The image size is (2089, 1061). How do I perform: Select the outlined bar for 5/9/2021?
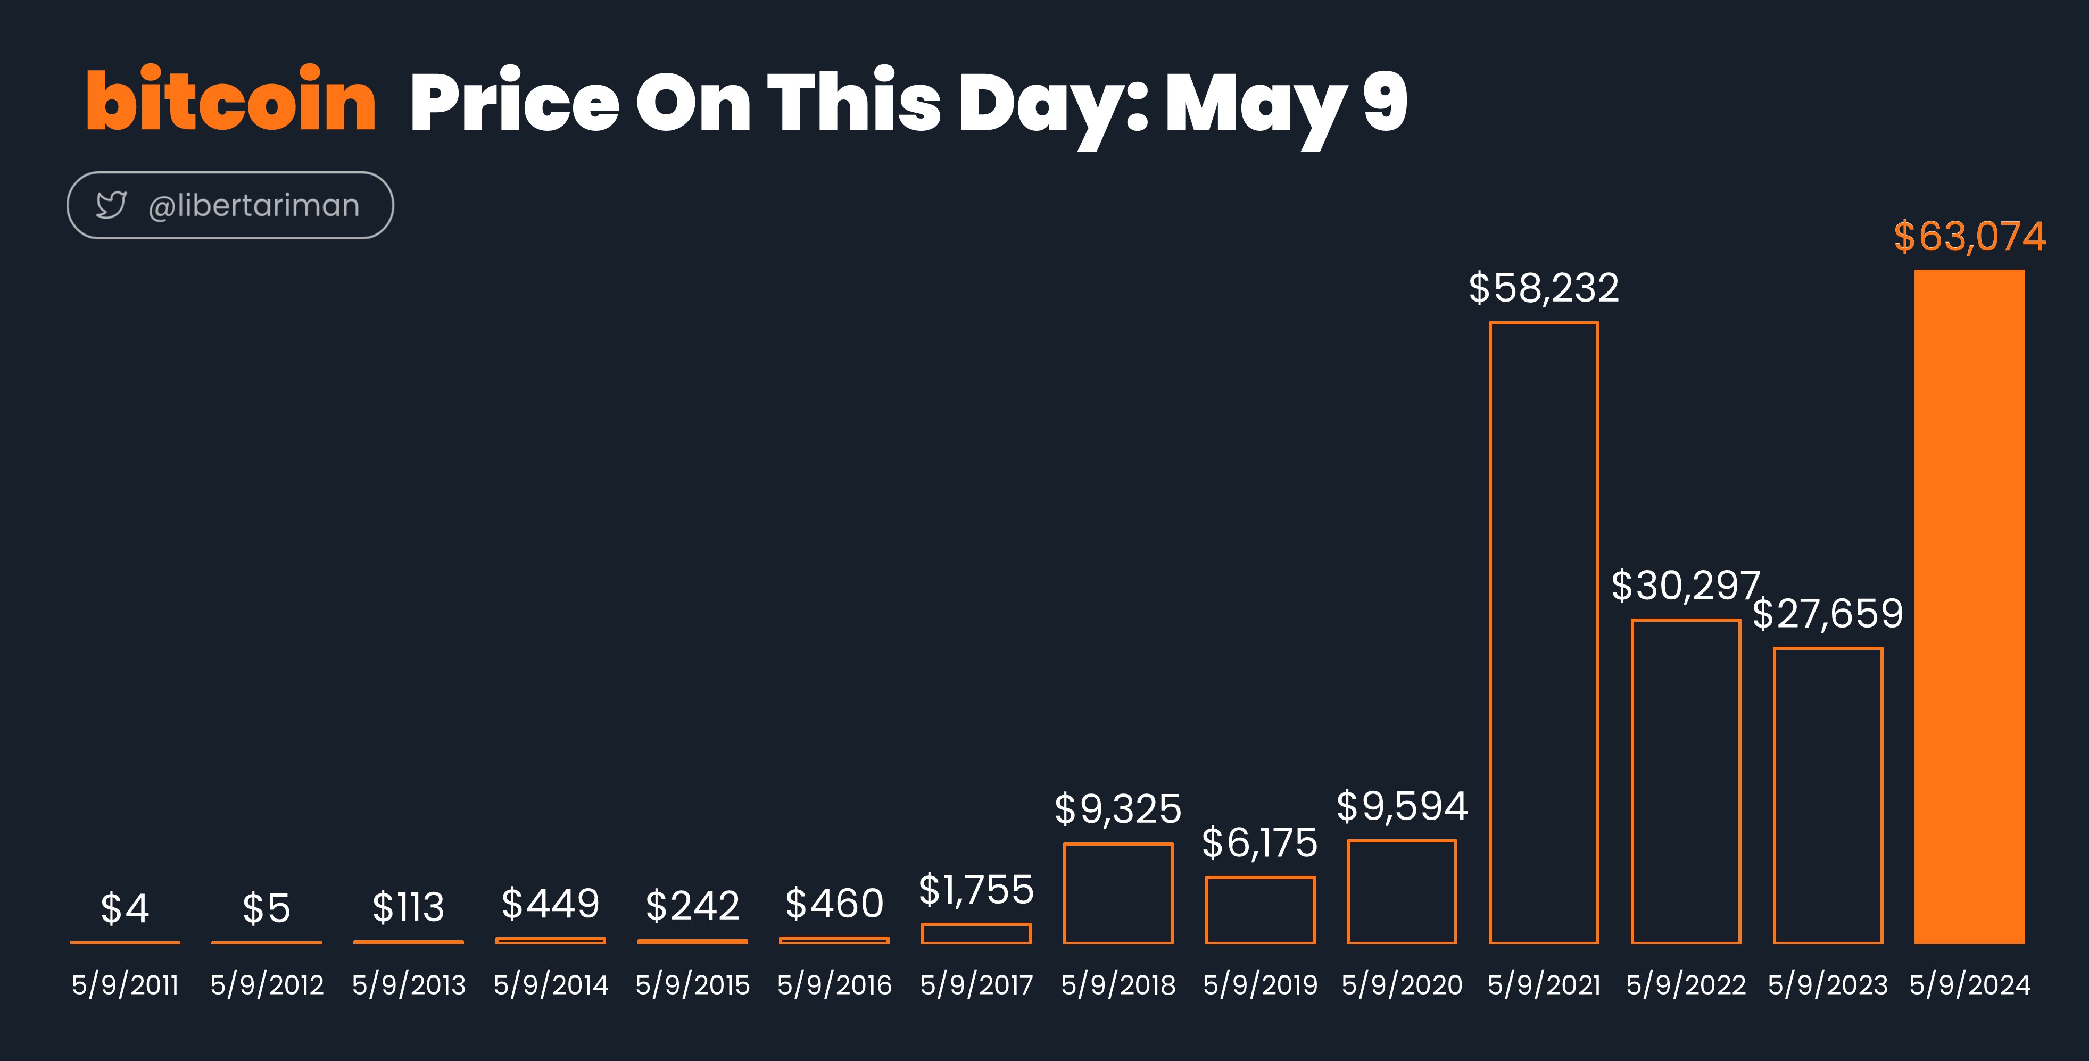(x=1490, y=632)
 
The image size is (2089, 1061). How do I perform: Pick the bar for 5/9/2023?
(x=1775, y=795)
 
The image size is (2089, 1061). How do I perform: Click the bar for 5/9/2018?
(x=1065, y=893)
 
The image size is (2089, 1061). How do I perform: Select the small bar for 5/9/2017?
(x=976, y=924)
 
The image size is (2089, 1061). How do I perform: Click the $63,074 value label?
(x=1970, y=237)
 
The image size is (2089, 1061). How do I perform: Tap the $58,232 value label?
(x=1544, y=288)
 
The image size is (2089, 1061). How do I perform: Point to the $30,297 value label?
(x=1685, y=585)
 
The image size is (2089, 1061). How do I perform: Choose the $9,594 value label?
(x=1402, y=806)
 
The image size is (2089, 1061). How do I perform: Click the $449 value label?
(x=551, y=904)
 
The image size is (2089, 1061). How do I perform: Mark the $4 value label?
(x=125, y=908)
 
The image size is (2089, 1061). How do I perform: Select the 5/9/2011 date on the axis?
(x=125, y=985)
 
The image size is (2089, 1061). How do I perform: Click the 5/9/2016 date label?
(x=834, y=985)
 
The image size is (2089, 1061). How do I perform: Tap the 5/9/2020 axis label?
(x=1402, y=985)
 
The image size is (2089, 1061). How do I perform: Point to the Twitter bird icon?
(x=111, y=205)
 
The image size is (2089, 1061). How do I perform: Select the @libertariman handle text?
(x=254, y=206)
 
